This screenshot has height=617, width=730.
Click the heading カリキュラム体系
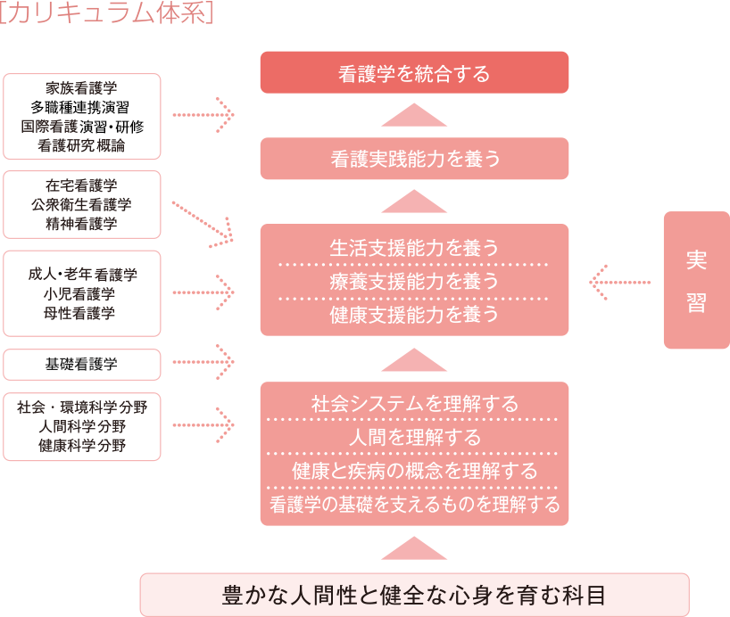click(106, 15)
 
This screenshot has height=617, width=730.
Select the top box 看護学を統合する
click(414, 73)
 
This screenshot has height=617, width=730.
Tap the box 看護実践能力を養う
click(414, 159)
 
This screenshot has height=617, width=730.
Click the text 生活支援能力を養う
click(414, 247)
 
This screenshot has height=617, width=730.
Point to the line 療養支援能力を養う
click(414, 281)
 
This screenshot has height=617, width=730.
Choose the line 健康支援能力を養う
click(414, 314)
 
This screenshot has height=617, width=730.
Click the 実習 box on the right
click(696, 280)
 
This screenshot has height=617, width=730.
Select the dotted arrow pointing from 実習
click(619, 283)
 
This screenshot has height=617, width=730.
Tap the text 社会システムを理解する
click(414, 403)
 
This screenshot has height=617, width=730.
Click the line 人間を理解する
click(414, 437)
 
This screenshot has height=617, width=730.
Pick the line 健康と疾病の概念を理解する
click(414, 470)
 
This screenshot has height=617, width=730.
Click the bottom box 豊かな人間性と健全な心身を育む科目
click(414, 595)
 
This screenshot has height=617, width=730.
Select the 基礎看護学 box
click(81, 364)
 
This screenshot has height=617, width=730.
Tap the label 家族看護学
click(81, 88)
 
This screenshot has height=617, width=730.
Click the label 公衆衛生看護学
click(81, 204)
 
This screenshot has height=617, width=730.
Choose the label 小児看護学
click(81, 293)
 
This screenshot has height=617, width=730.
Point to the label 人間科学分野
click(81, 426)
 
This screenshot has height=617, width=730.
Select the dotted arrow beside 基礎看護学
click(202, 362)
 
